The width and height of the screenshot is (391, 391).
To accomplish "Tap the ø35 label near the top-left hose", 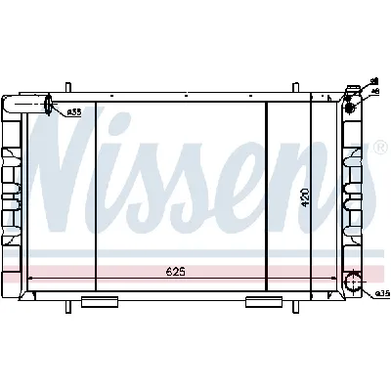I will (74, 112).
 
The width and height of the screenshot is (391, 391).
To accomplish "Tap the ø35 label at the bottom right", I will (382, 293).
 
